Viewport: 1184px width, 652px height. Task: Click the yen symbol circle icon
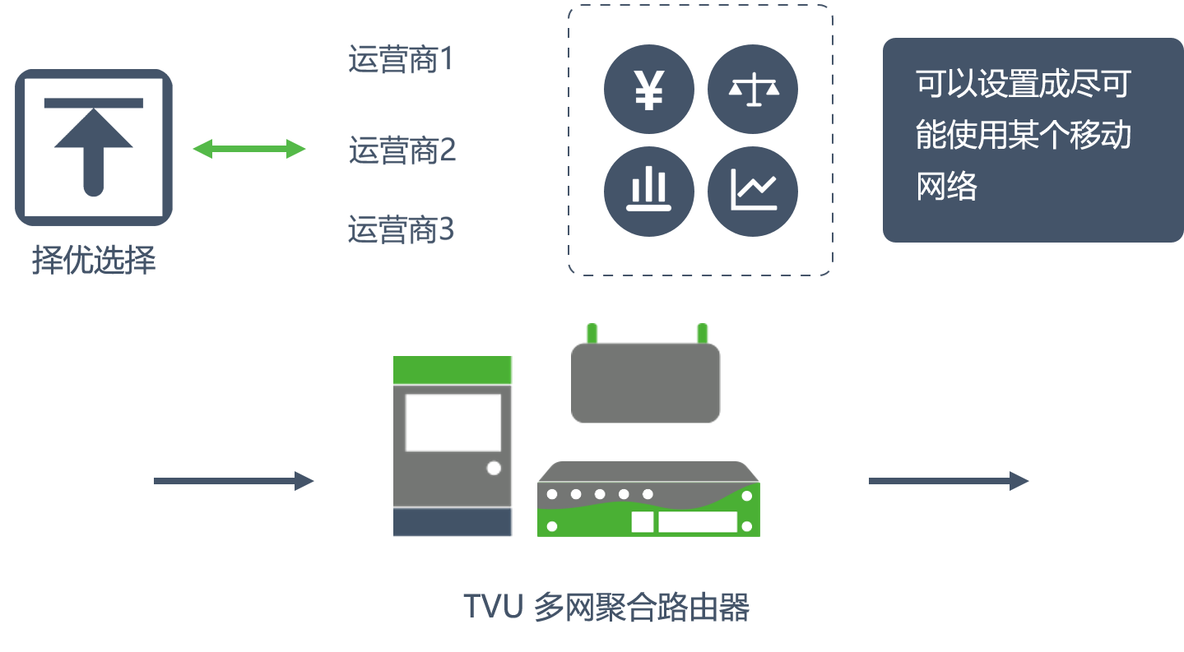point(648,90)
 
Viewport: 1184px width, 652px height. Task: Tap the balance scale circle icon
point(753,90)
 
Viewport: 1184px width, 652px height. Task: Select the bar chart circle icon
point(648,192)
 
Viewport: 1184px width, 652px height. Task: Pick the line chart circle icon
point(753,192)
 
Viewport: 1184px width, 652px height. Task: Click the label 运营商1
point(401,58)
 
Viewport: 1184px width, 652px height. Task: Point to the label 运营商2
point(402,150)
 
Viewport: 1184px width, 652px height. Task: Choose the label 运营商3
point(401,229)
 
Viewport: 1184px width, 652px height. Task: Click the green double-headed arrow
point(249,149)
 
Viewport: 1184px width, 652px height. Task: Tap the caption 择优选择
point(94,260)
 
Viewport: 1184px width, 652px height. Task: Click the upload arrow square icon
point(94,147)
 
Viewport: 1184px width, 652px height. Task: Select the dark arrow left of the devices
point(234,481)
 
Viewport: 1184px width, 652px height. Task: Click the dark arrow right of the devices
point(948,481)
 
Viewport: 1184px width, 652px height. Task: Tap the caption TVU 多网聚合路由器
point(606,607)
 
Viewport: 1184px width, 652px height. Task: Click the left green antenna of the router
point(592,333)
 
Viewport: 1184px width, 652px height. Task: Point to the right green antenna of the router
point(703,333)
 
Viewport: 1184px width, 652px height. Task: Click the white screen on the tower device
point(453,423)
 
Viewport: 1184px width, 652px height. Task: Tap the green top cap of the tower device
point(453,370)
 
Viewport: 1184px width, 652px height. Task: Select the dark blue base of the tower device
point(453,522)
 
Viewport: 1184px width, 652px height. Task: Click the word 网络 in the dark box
point(946,186)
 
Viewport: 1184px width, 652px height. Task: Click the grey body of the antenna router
point(645,383)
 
